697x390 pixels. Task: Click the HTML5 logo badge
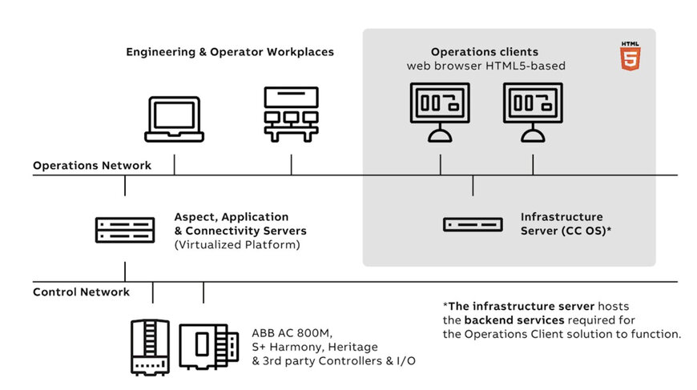click(630, 56)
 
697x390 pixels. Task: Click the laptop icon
click(175, 119)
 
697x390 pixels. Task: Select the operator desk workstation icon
click(291, 115)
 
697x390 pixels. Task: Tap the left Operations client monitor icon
click(440, 112)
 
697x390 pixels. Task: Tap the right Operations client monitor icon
click(533, 112)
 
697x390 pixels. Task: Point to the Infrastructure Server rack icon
click(473, 224)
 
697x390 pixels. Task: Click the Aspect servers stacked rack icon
click(125, 230)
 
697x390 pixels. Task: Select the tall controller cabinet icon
click(151, 348)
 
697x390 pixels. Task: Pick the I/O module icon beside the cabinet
click(209, 347)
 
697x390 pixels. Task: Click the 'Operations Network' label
click(92, 165)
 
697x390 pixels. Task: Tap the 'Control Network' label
click(82, 291)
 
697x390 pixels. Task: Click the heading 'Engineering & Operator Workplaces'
click(230, 52)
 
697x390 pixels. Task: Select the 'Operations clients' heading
click(485, 52)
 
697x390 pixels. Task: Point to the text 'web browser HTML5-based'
click(485, 66)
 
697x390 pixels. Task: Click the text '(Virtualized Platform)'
click(237, 245)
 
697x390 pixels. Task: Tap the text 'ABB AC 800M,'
click(292, 333)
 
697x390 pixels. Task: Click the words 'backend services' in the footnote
click(514, 320)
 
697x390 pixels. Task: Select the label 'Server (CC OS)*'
click(566, 231)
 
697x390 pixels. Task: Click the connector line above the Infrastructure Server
click(473, 185)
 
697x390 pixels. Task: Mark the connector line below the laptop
click(175, 165)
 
